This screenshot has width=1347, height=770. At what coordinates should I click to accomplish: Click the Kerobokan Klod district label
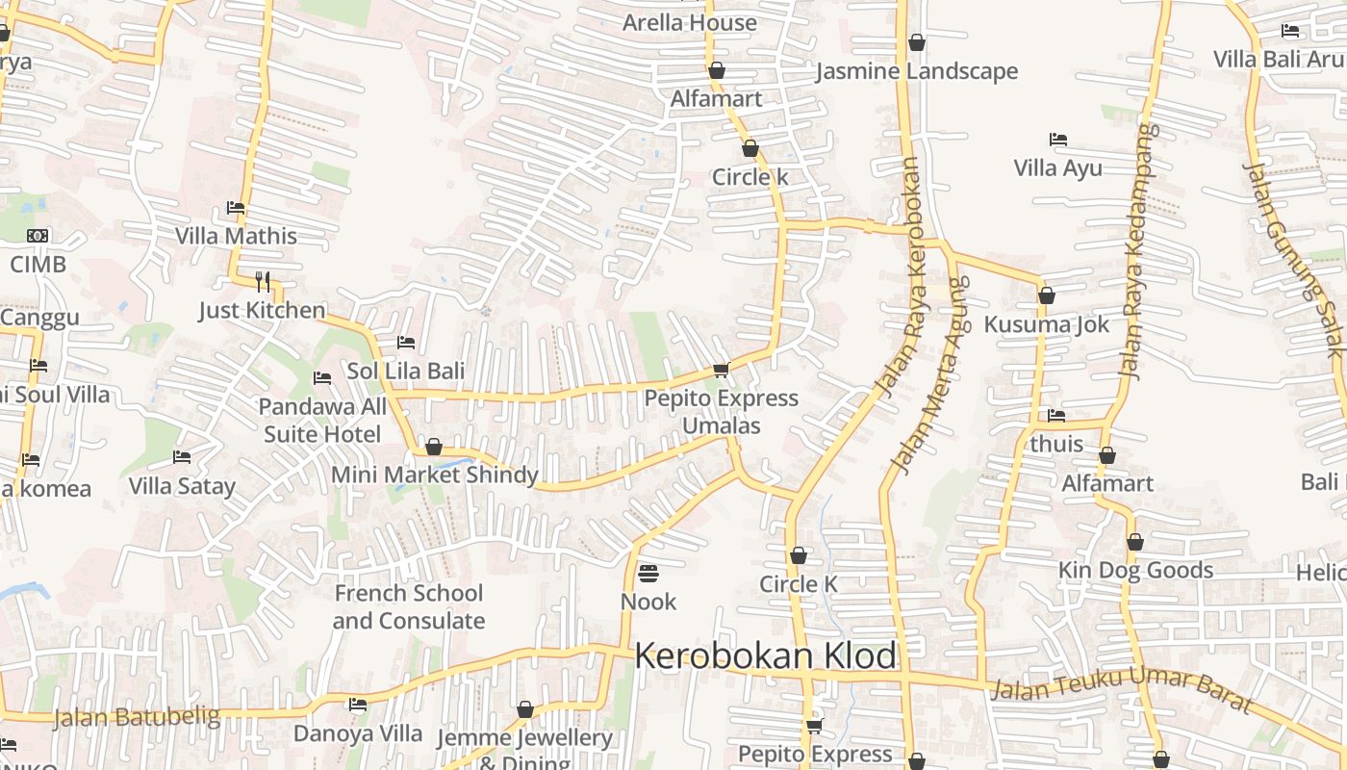tap(766, 656)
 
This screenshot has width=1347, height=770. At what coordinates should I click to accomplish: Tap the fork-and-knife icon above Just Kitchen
tap(263, 281)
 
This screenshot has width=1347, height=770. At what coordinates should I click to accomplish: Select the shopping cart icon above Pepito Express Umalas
tap(721, 371)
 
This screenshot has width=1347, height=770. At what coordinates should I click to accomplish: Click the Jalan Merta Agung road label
tap(930, 375)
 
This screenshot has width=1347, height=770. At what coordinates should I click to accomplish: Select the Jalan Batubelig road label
tap(136, 717)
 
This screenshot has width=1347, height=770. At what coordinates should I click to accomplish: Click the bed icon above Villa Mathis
tap(236, 208)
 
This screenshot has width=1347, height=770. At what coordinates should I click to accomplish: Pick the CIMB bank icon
tap(38, 236)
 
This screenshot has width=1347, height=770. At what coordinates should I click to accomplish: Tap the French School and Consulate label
tap(408, 606)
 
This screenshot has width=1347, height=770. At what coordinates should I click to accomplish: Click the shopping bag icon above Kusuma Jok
tap(1046, 295)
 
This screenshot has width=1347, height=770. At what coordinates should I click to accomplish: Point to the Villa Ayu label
tap(1057, 168)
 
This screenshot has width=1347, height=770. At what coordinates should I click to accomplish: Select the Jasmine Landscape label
tap(917, 71)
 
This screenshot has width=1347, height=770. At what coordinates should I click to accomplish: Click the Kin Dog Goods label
tap(1135, 570)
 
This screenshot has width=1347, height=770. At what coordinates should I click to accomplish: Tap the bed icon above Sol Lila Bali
tap(406, 343)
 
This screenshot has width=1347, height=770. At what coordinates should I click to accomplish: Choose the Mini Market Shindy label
tap(434, 475)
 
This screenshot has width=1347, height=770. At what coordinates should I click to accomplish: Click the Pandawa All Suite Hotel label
tap(322, 421)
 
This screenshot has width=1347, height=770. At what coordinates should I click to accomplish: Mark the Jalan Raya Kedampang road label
tap(1137, 250)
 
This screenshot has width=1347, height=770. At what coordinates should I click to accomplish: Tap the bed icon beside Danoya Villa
tap(358, 705)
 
